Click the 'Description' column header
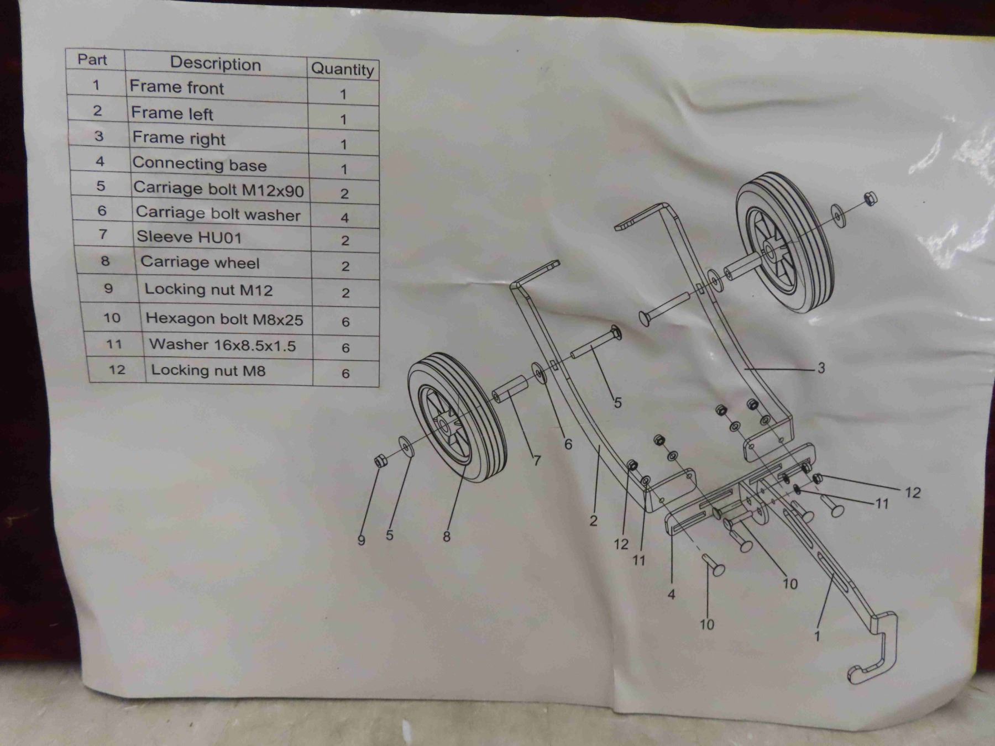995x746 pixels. pos(216,64)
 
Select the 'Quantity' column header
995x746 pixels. pos(343,69)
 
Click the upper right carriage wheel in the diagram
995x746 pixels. pos(785,242)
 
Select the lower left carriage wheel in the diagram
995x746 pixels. pos(458,417)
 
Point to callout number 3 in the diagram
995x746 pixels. pos(821,367)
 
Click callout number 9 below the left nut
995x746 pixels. pos(362,540)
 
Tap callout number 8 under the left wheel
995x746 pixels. pos(447,535)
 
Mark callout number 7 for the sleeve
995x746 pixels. pos(537,460)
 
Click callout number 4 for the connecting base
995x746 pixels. pos(672,595)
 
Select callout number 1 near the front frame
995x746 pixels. pos(817,635)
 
